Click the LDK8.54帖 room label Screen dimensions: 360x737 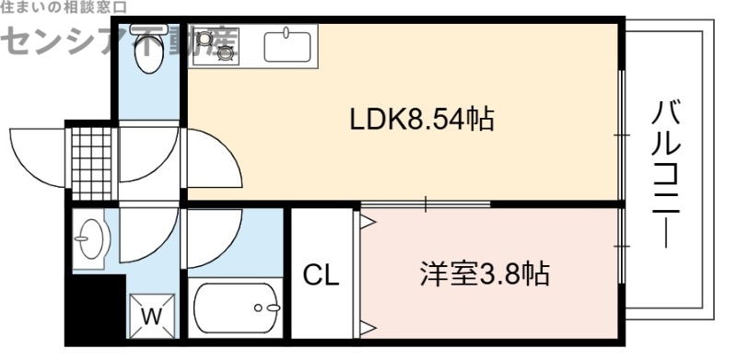pos(420,119)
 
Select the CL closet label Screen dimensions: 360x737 pos(322,273)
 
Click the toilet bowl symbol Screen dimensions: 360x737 pos(147,55)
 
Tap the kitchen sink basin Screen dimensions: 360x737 pos(288,44)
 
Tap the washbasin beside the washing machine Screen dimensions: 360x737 pos(90,241)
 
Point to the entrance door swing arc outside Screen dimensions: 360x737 pos(37,152)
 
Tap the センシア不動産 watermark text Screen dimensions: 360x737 pos(120,39)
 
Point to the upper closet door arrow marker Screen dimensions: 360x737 pos(368,221)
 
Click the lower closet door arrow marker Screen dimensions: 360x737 pos(368,325)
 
